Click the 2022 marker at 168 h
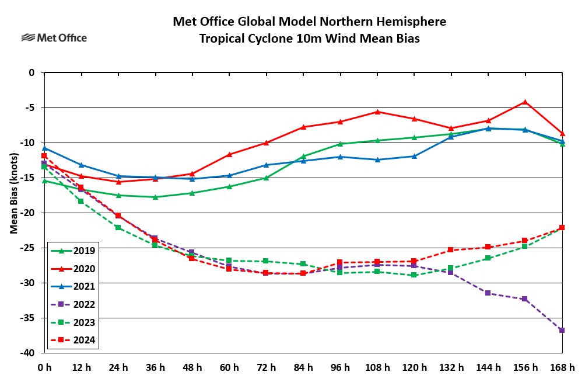point(562,331)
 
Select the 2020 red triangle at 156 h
point(525,102)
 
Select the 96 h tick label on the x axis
point(340,367)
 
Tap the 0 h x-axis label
point(44,367)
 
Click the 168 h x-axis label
point(562,367)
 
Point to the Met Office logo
point(54,38)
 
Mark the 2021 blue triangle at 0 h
point(44,148)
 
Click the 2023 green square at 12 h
point(81,201)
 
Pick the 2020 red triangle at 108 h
point(377,112)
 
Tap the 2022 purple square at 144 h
point(488,293)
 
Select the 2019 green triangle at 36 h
point(155,197)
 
